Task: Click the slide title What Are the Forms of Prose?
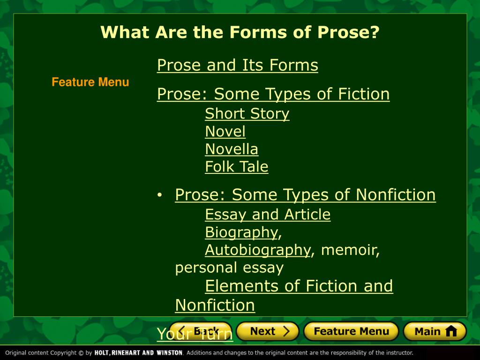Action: click(x=240, y=33)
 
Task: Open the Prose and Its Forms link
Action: click(x=237, y=65)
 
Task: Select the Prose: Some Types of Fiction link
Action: click(x=273, y=94)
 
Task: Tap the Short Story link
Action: click(x=247, y=114)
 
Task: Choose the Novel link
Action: click(x=225, y=132)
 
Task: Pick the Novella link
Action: click(x=232, y=150)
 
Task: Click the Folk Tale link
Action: click(x=236, y=167)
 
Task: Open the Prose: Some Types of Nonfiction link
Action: click(x=305, y=195)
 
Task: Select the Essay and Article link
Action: click(x=268, y=215)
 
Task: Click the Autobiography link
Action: click(x=257, y=250)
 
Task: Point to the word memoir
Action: click(x=350, y=250)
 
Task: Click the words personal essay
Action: click(x=229, y=268)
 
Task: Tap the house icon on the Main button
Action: click(x=451, y=331)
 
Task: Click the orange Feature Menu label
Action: click(x=90, y=82)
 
